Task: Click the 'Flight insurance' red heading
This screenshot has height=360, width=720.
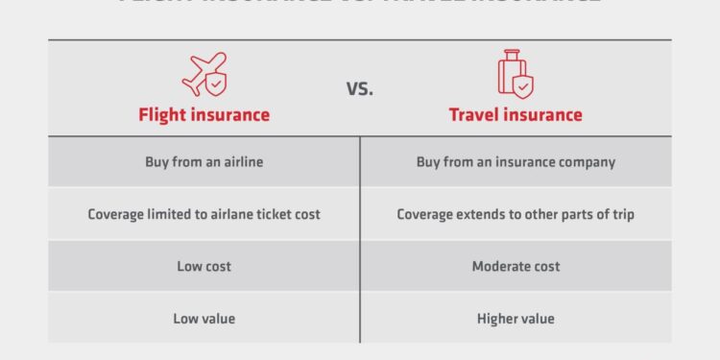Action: pyautogui.click(x=204, y=114)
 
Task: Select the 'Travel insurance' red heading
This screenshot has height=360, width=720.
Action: pyautogui.click(x=516, y=114)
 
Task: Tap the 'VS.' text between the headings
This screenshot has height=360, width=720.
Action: pyautogui.click(x=359, y=88)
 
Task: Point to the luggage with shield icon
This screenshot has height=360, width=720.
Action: pyautogui.click(x=515, y=73)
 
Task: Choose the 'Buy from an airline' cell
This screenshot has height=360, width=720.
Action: pyautogui.click(x=204, y=162)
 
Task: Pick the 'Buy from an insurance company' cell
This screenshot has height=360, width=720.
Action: pyautogui.click(x=516, y=162)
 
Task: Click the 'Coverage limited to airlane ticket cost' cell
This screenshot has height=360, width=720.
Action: pyautogui.click(x=204, y=214)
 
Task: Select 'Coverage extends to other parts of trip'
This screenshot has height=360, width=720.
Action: pyautogui.click(x=516, y=214)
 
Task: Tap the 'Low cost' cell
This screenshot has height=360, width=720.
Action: pyautogui.click(x=204, y=266)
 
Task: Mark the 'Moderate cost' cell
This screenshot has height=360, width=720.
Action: pyautogui.click(x=516, y=266)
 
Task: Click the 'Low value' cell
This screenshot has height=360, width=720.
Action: pyautogui.click(x=204, y=318)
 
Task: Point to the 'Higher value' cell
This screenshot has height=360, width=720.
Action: pyautogui.click(x=516, y=318)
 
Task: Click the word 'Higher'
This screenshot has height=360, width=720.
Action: pyautogui.click(x=497, y=318)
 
